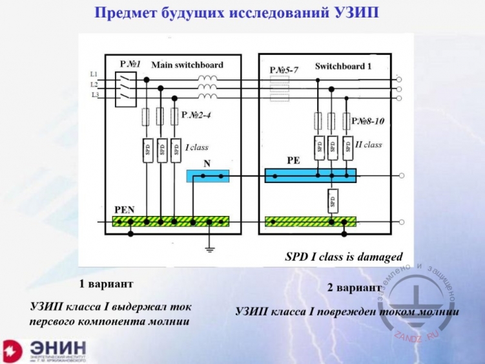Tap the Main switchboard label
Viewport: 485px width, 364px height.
pyautogui.click(x=187, y=65)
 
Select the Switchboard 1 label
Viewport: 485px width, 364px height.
pyautogui.click(x=343, y=67)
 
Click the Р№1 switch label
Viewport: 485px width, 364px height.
pyautogui.click(x=130, y=65)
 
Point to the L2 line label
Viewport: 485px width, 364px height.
pyautogui.click(x=94, y=85)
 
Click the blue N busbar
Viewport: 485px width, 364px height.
pyautogui.click(x=207, y=176)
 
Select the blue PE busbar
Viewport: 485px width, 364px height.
pyautogui.click(x=311, y=176)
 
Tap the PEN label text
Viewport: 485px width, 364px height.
pyautogui.click(x=124, y=209)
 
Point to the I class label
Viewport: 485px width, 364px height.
pyautogui.click(x=197, y=148)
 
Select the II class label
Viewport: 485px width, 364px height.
pyautogui.click(x=369, y=145)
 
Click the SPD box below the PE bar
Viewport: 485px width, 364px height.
pyautogui.click(x=332, y=200)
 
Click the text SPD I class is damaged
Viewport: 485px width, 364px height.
pyautogui.click(x=344, y=257)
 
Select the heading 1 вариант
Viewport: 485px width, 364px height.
pyautogui.click(x=106, y=284)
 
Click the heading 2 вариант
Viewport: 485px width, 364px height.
pyautogui.click(x=354, y=288)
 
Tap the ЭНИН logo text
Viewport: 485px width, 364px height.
pyautogui.click(x=59, y=347)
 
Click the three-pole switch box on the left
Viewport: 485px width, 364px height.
pyautogui.click(x=125, y=88)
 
